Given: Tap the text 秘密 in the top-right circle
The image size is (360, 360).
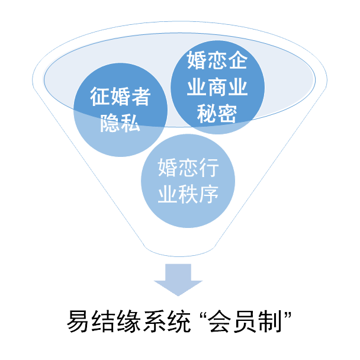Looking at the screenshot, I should pyautogui.click(x=216, y=112).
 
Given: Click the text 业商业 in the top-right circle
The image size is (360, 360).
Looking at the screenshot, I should pyautogui.click(x=216, y=87).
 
